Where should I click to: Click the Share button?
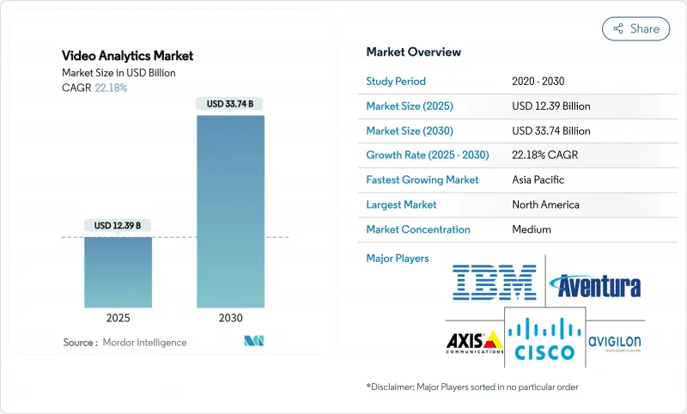click(635, 28)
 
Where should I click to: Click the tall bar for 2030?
click(230, 210)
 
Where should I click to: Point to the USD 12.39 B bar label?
click(118, 225)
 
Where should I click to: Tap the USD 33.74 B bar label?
click(230, 104)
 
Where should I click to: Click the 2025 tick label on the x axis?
click(118, 318)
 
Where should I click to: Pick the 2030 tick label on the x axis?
click(230, 318)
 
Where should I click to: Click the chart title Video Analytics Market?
click(128, 56)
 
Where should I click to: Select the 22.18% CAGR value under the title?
click(110, 88)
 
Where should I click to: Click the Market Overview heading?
click(413, 52)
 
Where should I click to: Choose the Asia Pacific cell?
click(539, 180)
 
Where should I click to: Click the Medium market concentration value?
click(531, 229)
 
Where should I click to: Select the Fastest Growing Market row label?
click(423, 180)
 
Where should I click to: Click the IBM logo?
click(494, 283)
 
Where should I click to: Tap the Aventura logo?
click(594, 284)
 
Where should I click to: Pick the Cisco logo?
click(544, 337)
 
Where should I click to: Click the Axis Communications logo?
click(473, 342)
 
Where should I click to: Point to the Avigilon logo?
click(614, 342)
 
